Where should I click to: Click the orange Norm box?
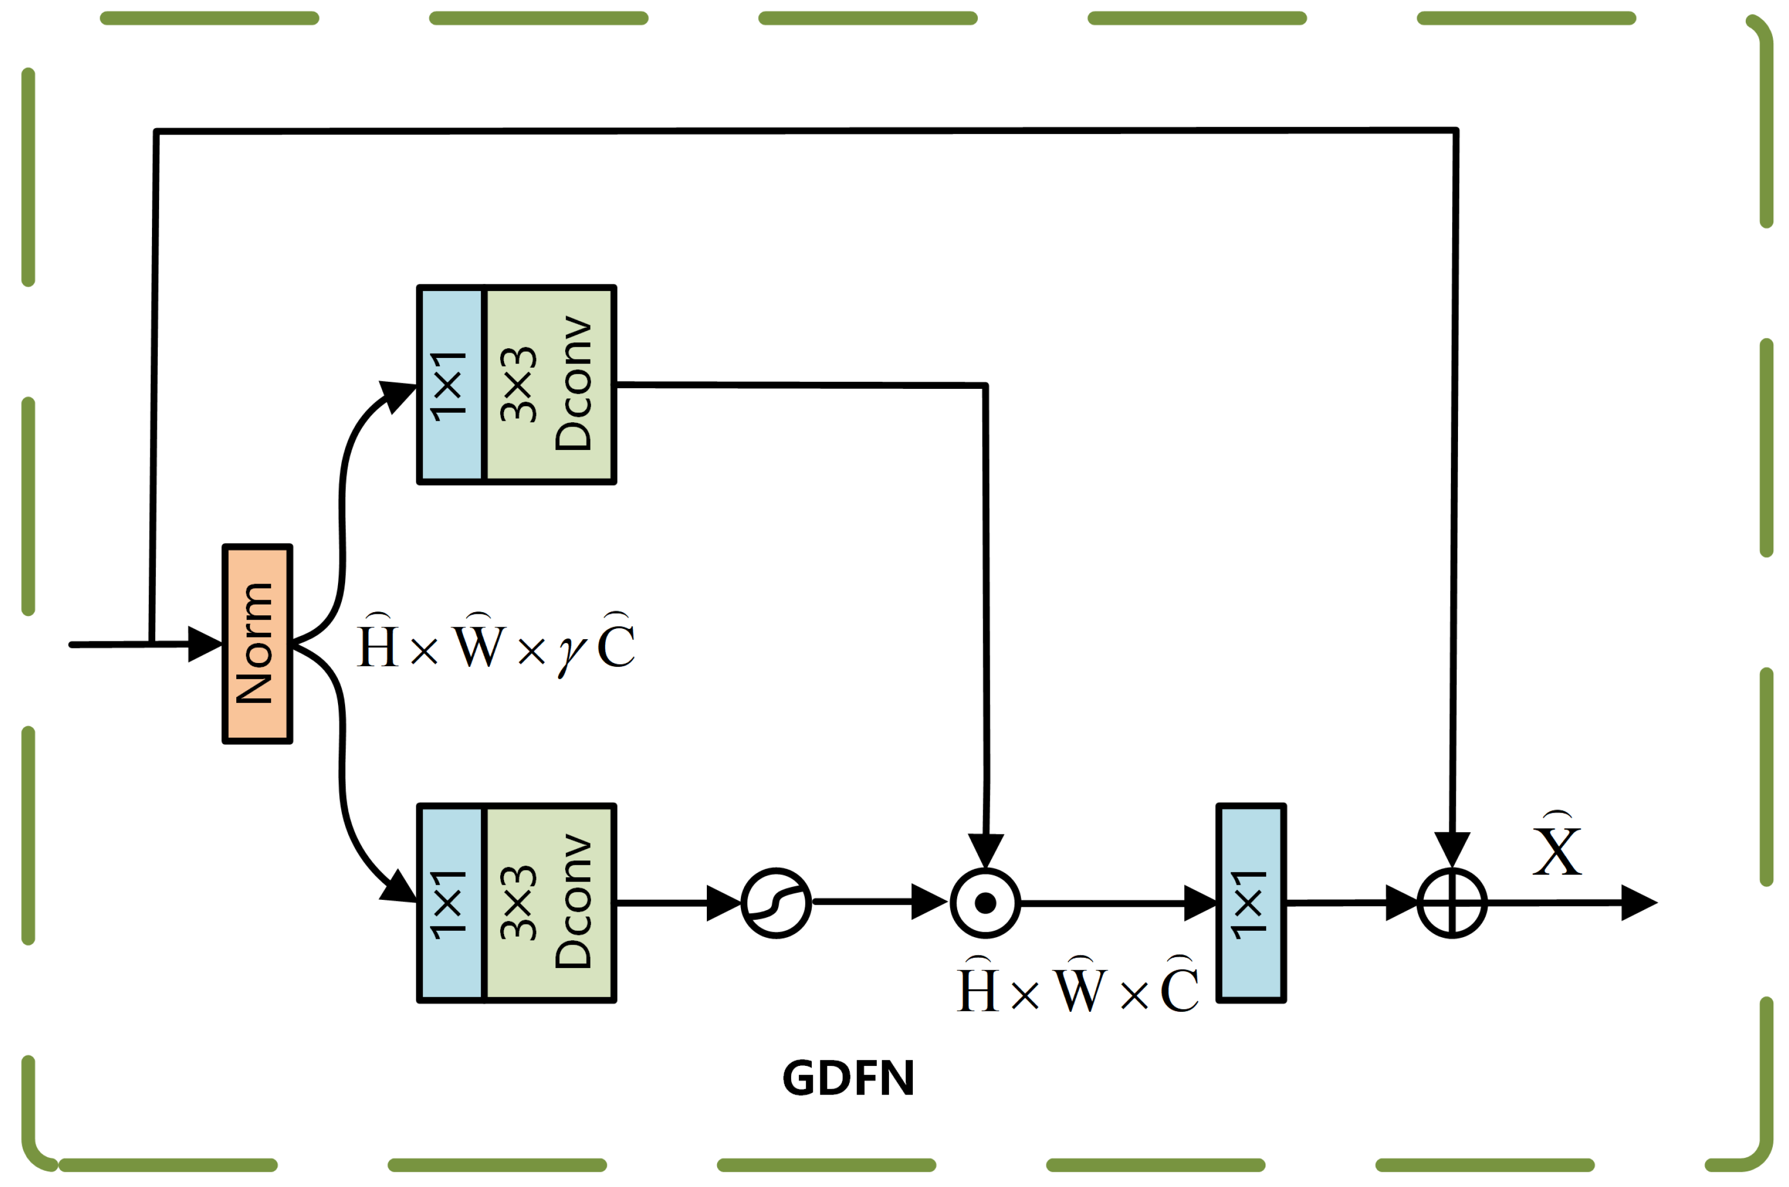[257, 644]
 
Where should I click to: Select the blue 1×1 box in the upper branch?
[450, 384]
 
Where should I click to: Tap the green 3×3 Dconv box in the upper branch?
[549, 384]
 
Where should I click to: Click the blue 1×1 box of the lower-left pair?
[450, 903]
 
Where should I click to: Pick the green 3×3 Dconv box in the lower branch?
[549, 903]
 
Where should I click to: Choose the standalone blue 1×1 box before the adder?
[1251, 903]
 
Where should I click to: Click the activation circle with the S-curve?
[776, 903]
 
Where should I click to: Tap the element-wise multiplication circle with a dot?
[985, 903]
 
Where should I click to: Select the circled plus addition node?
[1452, 903]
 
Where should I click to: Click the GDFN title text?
[848, 1078]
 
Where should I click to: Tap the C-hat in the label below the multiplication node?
[1180, 986]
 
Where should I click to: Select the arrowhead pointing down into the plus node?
[1452, 850]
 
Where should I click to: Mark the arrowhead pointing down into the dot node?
[986, 851]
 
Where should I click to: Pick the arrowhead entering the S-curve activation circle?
[723, 903]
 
